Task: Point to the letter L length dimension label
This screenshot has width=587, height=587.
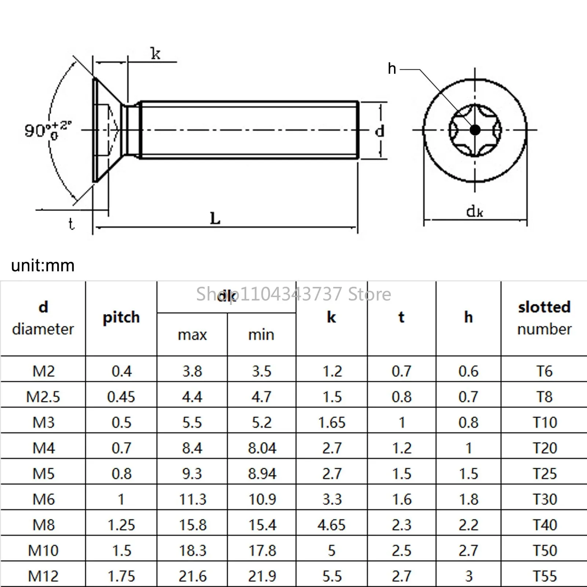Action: click(215, 219)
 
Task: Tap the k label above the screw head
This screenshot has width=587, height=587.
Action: click(156, 54)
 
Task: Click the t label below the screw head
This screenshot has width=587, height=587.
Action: click(71, 223)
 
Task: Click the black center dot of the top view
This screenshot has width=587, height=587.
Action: click(475, 130)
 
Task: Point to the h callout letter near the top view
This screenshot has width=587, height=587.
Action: click(392, 69)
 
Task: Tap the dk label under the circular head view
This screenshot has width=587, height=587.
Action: click(475, 211)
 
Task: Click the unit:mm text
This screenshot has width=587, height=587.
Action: click(43, 265)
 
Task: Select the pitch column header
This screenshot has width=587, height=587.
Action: click(121, 318)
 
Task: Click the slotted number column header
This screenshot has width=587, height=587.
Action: click(544, 318)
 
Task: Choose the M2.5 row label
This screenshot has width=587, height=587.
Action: click(43, 397)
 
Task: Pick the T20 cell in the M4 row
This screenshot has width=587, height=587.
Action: click(545, 448)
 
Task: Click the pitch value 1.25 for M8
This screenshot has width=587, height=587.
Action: click(121, 525)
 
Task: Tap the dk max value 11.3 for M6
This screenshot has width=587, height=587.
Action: click(193, 499)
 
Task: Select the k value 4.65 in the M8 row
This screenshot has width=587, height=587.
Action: click(332, 525)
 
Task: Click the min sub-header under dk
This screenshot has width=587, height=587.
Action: click(261, 335)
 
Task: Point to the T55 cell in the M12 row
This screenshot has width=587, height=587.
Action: click(545, 576)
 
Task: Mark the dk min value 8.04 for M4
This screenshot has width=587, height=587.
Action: click(262, 448)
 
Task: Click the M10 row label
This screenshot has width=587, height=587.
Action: click(43, 551)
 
